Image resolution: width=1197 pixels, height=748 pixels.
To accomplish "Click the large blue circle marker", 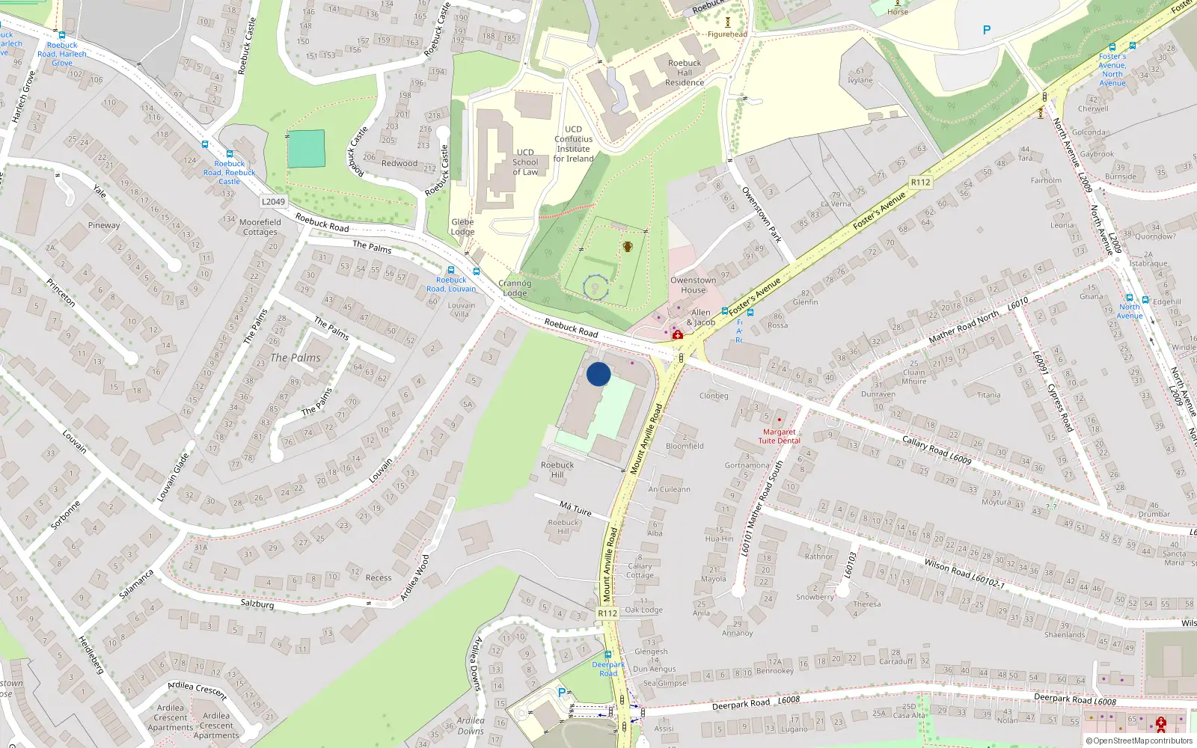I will (x=598, y=374).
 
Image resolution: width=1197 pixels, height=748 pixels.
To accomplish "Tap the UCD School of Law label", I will (x=525, y=162).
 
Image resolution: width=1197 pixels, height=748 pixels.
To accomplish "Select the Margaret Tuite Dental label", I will (x=779, y=436).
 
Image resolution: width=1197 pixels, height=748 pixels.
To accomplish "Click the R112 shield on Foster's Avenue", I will (x=920, y=183).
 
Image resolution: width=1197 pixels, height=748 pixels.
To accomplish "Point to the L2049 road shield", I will (x=273, y=202).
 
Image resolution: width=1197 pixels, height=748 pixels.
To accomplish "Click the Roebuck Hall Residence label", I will (x=685, y=73).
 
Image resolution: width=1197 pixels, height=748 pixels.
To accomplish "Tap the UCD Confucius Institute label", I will (x=574, y=144).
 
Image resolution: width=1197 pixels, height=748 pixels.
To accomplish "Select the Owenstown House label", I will (x=693, y=285).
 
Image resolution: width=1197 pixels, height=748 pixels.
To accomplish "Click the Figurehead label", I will (x=727, y=34).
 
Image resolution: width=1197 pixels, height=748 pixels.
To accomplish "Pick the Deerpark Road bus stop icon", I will (x=607, y=654).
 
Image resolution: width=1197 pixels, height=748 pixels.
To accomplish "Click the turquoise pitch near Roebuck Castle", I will (x=306, y=149).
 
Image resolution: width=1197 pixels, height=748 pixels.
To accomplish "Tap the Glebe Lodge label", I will (x=462, y=227).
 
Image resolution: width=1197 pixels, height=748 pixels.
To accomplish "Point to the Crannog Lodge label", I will (x=515, y=288).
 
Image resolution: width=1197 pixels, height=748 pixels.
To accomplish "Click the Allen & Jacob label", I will (x=701, y=317).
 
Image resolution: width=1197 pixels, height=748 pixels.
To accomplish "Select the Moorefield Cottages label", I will (x=260, y=227).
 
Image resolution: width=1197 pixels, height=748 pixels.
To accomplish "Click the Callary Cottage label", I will (x=640, y=571).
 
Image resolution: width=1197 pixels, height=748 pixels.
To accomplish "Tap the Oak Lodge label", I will (x=643, y=610).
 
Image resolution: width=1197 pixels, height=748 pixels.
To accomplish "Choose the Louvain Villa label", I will (x=462, y=309).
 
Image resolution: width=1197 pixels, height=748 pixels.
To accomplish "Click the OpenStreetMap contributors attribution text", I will (x=1142, y=741).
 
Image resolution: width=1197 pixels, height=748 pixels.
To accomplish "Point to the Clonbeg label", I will (x=714, y=396).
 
